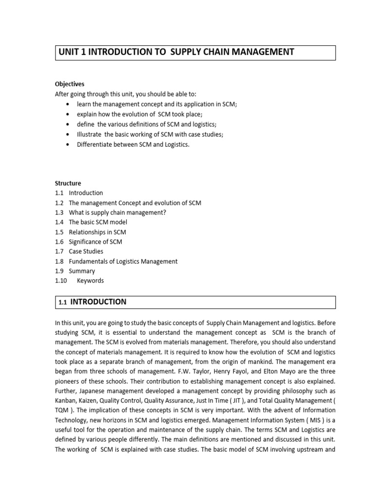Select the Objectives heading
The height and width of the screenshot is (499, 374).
point(69,84)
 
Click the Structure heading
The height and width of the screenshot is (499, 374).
point(68,183)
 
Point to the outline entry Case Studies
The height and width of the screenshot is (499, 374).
point(86,251)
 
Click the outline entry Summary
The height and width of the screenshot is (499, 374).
point(82,271)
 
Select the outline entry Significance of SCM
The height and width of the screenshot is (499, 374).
point(95,242)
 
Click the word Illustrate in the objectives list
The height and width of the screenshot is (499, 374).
point(89,134)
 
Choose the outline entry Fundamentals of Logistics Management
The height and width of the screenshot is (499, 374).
point(123,261)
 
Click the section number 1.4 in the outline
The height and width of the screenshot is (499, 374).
point(59,222)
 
